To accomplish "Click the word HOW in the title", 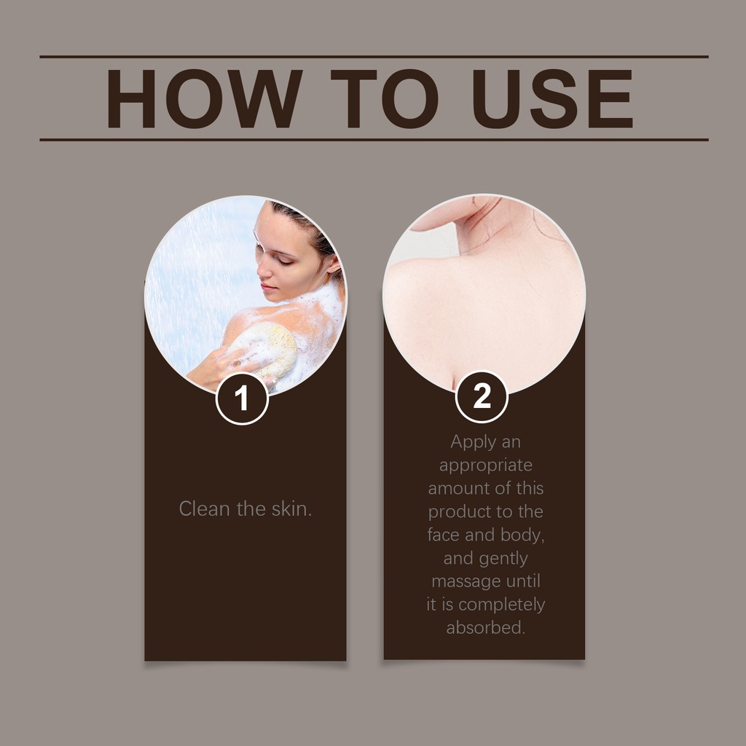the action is tap(204, 98).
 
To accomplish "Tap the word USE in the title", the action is tap(552, 98).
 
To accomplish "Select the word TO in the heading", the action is tap(385, 98).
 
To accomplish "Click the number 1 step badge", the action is tap(242, 398).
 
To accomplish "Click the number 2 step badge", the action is tap(482, 396).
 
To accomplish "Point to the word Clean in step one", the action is tap(205, 509).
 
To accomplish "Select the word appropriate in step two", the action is tap(486, 466).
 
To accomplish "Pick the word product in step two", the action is tap(460, 512).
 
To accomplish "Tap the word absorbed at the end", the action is tap(486, 627).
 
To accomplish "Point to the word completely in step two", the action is tap(501, 605).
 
